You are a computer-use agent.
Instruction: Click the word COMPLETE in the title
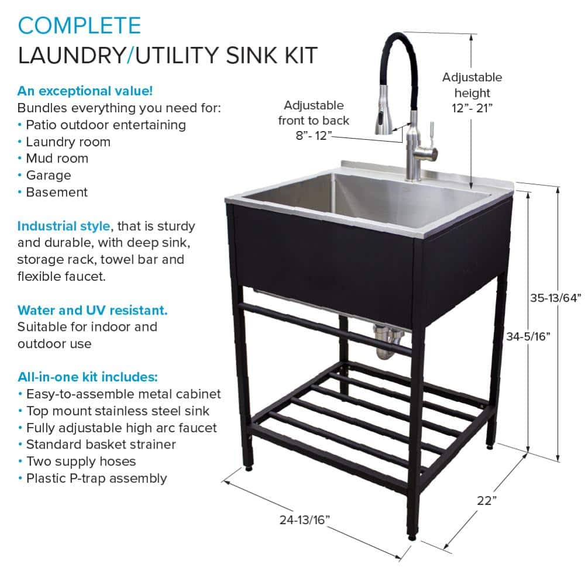click(80, 26)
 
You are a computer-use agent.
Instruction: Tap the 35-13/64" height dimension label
click(556, 298)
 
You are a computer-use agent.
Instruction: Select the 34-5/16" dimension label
click(528, 336)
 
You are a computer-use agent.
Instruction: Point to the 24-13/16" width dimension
click(304, 519)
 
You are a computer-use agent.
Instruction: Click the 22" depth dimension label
click(487, 500)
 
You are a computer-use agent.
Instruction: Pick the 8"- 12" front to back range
click(314, 136)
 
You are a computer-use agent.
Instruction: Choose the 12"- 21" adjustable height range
click(472, 108)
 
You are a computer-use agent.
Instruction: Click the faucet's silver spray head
click(384, 110)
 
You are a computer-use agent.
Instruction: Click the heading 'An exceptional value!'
click(85, 91)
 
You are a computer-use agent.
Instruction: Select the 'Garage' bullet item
click(49, 175)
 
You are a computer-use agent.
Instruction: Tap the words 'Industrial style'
click(64, 226)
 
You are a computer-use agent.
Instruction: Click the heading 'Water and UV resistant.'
click(92, 311)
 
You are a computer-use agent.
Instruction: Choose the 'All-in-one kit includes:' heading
click(88, 377)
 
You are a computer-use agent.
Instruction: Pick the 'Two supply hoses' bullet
click(81, 462)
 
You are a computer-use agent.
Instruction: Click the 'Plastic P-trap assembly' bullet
click(97, 479)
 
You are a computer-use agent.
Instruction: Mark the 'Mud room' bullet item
click(57, 159)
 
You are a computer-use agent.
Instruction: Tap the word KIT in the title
click(301, 55)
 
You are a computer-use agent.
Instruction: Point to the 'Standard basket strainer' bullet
click(101, 445)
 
